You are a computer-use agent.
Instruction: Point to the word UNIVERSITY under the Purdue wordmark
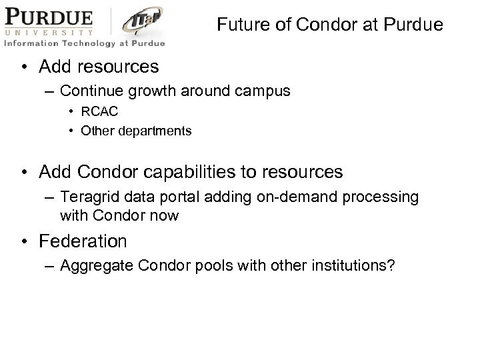click(x=49, y=31)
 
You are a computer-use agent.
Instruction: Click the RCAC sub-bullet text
click(x=99, y=112)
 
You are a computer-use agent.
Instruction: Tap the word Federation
click(x=83, y=240)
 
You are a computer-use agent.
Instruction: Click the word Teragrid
click(x=87, y=197)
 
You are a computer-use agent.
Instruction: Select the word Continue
click(x=89, y=91)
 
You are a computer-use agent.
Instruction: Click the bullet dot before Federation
click(x=25, y=240)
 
